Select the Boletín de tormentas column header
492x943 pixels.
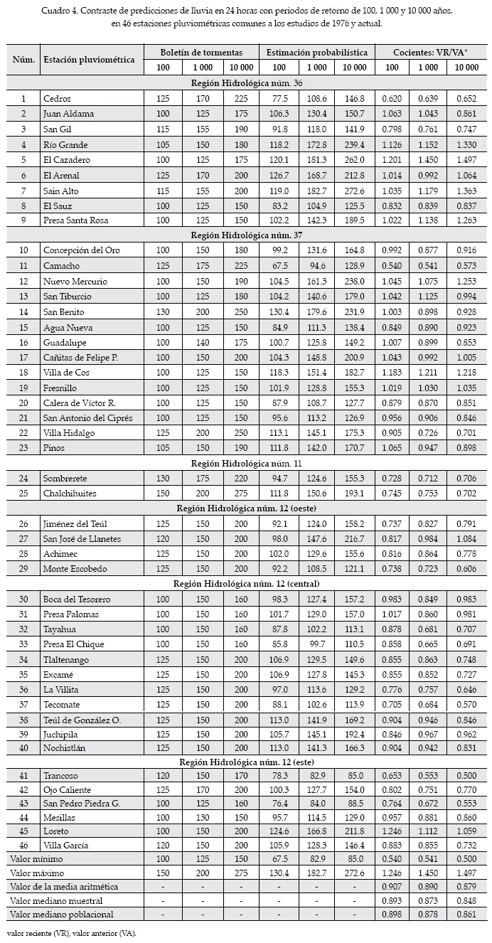200,53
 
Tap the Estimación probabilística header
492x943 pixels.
316,53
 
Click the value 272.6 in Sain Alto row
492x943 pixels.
355,191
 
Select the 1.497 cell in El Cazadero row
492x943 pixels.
466,160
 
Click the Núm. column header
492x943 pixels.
23,60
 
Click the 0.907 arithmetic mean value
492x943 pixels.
391,887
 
